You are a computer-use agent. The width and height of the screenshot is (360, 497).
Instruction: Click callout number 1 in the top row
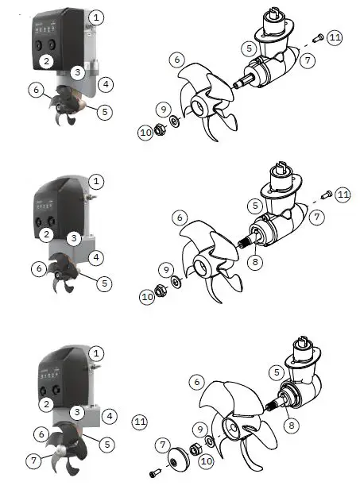(96, 16)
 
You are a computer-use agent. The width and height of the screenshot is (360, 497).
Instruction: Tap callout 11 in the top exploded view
(335, 37)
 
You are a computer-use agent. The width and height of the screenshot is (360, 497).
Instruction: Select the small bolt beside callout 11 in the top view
(316, 37)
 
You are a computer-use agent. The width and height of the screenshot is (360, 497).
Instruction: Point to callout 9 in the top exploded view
(163, 109)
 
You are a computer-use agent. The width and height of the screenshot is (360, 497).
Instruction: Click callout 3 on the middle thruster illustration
(73, 237)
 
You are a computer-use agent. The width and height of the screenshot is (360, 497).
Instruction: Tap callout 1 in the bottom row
(96, 353)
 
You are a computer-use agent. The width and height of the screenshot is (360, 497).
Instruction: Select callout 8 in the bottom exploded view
(293, 425)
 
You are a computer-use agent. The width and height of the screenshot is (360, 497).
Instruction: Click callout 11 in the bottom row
(141, 421)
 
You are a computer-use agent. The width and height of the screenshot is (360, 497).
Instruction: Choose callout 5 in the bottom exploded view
(276, 372)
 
